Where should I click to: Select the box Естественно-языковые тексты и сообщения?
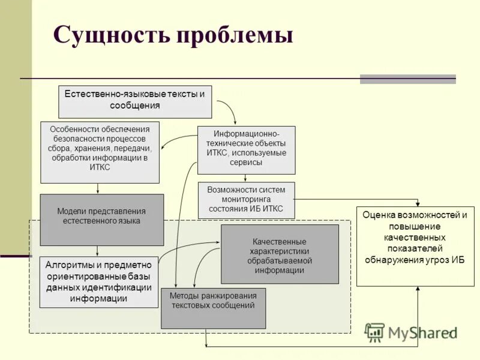click(135, 102)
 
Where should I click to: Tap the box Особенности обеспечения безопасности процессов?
click(100, 152)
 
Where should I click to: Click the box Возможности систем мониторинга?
click(246, 200)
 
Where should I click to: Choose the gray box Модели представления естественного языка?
click(101, 220)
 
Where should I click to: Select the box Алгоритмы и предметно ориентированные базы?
click(99, 281)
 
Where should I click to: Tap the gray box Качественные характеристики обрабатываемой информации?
click(280, 254)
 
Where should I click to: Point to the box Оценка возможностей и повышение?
click(415, 246)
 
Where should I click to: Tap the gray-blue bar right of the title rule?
click(407, 79)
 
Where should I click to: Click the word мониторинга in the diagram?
click(247, 199)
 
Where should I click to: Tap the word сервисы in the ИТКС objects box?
click(246, 163)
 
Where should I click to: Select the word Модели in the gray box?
click(71, 211)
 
